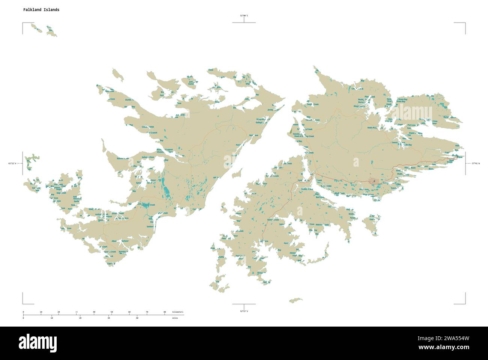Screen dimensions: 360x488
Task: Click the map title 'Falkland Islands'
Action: pos(41,10)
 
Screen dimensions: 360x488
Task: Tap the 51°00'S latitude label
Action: pos(244,15)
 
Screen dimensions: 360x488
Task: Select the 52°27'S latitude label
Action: pos(244,311)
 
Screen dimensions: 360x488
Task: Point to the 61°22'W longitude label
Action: pos(13,163)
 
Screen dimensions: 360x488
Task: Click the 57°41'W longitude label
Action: pos(476,163)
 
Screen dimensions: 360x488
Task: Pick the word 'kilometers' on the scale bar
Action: pos(178,312)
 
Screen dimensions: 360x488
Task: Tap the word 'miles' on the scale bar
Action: pos(175,318)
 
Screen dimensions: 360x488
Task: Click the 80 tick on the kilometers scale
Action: pos(164,312)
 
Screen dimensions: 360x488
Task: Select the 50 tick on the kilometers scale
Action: pos(111,312)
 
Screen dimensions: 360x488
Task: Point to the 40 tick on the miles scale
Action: pos(137,318)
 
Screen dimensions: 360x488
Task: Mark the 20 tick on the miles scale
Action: pos(80,318)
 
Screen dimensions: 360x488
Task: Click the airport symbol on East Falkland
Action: pos(374,181)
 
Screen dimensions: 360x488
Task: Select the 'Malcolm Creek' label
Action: pos(322,225)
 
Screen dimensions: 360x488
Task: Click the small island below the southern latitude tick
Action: pos(296,300)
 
